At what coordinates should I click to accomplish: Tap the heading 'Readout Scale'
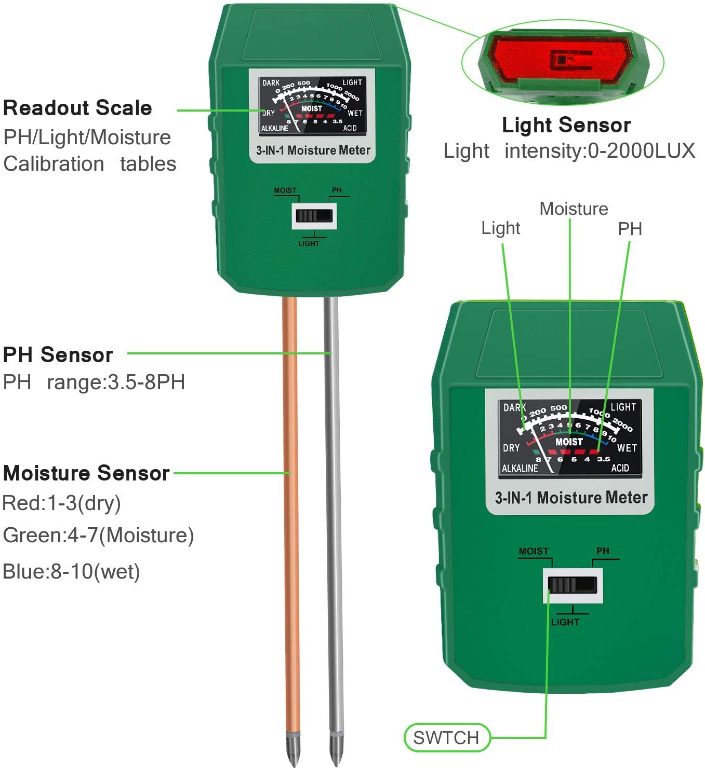(77, 108)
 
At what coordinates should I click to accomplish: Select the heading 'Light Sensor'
(566, 125)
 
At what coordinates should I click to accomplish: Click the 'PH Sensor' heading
(58, 355)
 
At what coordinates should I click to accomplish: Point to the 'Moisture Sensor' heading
(86, 473)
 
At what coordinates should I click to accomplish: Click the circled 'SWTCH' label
(446, 737)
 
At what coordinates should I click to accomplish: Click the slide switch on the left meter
(314, 216)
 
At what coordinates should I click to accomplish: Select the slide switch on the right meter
(573, 585)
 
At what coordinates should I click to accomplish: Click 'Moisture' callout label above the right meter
(574, 209)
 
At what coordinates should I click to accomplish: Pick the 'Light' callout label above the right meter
(500, 228)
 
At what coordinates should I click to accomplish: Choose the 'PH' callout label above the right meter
(630, 228)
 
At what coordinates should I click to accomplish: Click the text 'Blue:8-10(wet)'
(72, 571)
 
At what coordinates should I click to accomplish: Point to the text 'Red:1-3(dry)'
(61, 503)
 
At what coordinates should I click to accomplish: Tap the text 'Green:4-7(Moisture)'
(98, 535)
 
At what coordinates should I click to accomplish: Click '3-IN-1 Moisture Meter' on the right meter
(570, 498)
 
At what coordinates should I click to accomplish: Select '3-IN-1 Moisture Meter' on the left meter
(313, 150)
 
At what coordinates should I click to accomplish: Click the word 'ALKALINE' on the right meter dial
(520, 468)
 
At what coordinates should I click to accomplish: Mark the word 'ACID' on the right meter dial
(620, 468)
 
